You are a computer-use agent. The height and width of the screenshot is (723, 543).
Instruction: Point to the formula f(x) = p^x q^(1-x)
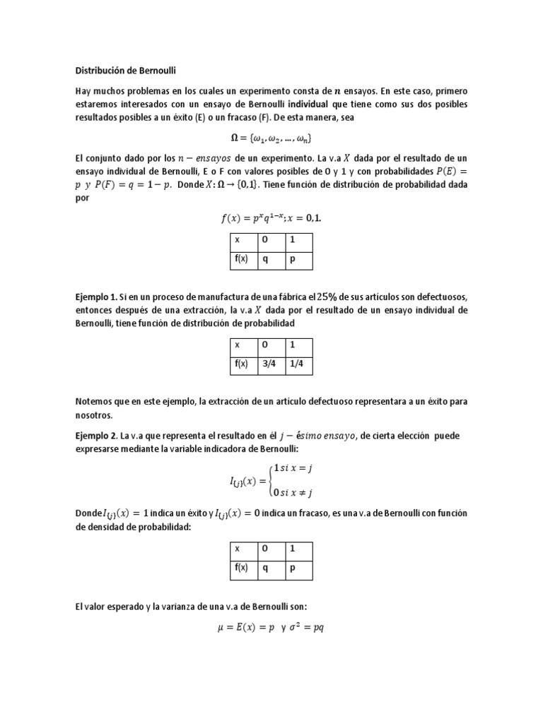coord(271,218)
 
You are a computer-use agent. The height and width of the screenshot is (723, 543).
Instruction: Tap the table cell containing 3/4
coord(271,364)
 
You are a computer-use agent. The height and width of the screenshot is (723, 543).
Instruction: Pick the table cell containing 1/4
coord(298,364)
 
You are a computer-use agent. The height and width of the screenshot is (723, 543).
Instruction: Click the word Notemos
coord(94,402)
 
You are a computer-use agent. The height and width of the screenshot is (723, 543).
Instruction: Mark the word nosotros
coord(94,415)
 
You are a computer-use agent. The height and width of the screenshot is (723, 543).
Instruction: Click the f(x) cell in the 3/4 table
coord(241,364)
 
